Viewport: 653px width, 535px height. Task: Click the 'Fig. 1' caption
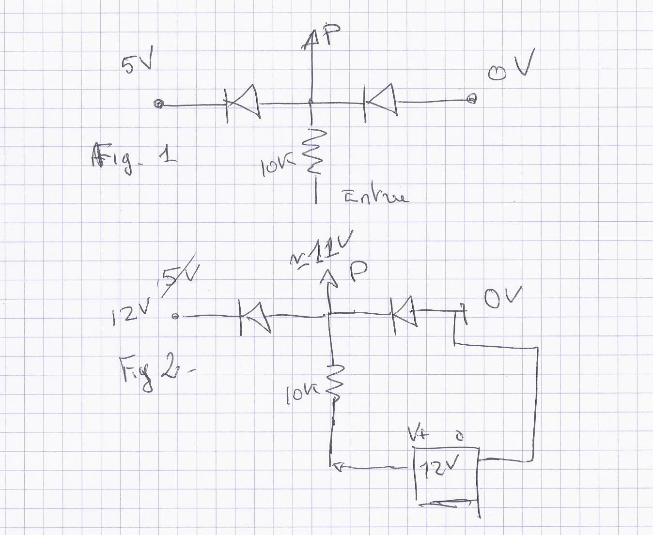(x=133, y=158)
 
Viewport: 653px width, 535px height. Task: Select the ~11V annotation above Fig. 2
(x=322, y=250)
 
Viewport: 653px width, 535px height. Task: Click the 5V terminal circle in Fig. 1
(x=158, y=104)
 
